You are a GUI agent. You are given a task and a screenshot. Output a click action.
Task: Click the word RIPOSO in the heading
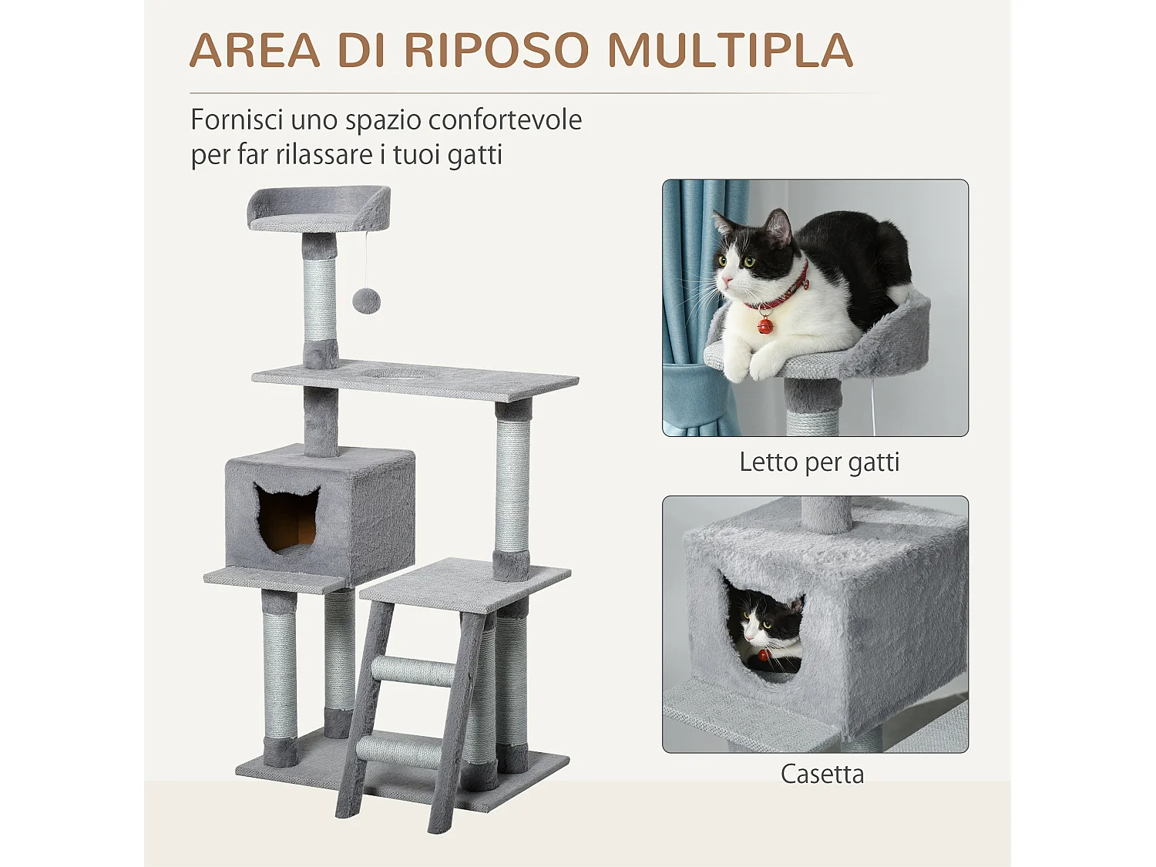[x=496, y=51]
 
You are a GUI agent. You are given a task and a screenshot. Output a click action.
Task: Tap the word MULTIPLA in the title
[x=730, y=51]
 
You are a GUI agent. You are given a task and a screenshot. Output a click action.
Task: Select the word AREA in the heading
[x=254, y=51]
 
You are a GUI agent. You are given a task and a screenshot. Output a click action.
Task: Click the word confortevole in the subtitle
[x=505, y=120]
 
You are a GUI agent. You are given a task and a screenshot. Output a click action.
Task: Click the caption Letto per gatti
[x=818, y=462]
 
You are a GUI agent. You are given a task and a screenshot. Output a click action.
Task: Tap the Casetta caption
[x=822, y=774]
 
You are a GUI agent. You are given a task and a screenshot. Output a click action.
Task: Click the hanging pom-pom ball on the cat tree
[x=366, y=301]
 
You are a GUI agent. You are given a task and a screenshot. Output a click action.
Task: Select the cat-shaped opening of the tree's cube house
[x=287, y=519]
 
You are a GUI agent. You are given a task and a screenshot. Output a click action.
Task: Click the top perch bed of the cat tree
[x=318, y=210]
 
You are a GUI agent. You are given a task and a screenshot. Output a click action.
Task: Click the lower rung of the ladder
[x=398, y=750]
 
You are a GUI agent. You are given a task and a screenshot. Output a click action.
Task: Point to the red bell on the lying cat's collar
[x=765, y=325]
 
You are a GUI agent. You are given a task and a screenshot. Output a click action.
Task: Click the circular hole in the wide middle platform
[x=396, y=374]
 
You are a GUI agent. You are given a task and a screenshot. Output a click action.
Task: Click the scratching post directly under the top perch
[x=319, y=301]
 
